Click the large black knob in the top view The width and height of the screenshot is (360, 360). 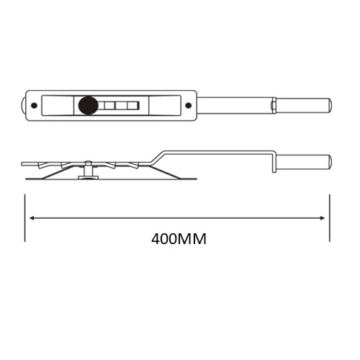point(89,107)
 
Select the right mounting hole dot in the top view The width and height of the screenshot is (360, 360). point(187,106)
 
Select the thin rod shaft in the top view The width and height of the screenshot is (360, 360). point(236,106)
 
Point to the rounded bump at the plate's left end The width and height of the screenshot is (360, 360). point(24,106)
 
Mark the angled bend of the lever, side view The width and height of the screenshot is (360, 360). point(158,156)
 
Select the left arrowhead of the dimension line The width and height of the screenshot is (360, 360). point(32,217)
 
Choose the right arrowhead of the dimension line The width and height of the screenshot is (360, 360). point(325,217)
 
